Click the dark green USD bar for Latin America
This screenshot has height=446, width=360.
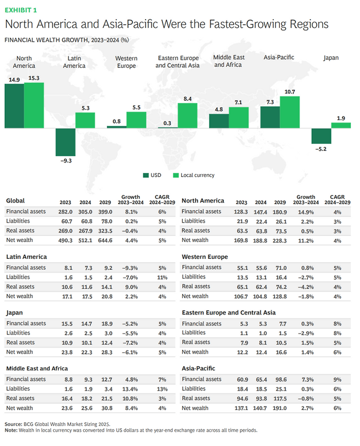(x=65, y=142)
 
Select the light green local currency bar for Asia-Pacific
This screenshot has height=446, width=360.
(x=290, y=112)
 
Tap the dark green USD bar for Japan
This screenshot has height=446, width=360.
(x=321, y=136)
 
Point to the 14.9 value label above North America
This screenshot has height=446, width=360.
(x=14, y=79)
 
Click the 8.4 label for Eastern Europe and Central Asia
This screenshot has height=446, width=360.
(x=188, y=99)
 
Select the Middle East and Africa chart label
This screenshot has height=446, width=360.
(x=229, y=61)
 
